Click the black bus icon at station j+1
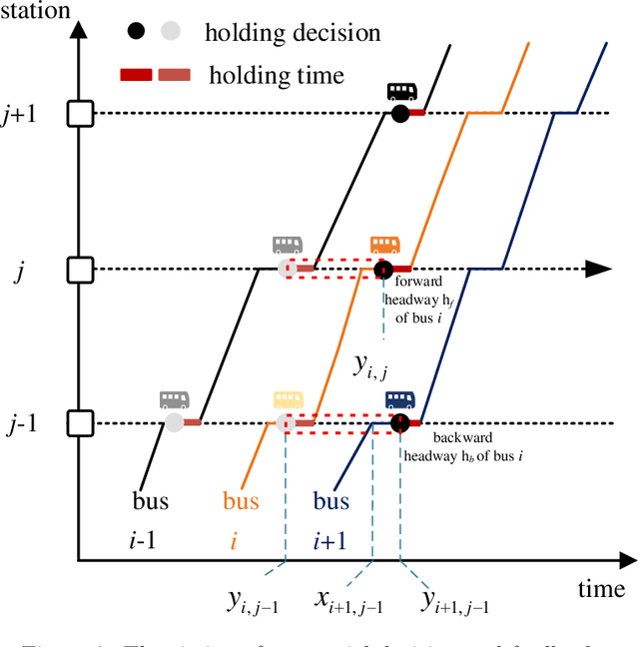pyautogui.click(x=401, y=92)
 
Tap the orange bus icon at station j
pyautogui.click(x=384, y=246)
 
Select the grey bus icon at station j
pyautogui.click(x=288, y=246)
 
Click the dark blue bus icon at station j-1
pyautogui.click(x=400, y=400)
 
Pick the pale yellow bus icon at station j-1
pyautogui.click(x=288, y=400)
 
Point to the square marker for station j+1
pyautogui.click(x=80, y=114)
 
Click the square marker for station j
pyautogui.click(x=80, y=270)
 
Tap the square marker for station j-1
pyautogui.click(x=80, y=424)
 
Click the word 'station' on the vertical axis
pyautogui.click(x=36, y=11)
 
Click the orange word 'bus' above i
pyautogui.click(x=241, y=500)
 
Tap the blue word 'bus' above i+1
pyautogui.click(x=331, y=500)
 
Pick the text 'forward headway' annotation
pyautogui.click(x=420, y=283)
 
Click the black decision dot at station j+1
pyautogui.click(x=400, y=114)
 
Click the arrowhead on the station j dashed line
pyautogui.click(x=597, y=270)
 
